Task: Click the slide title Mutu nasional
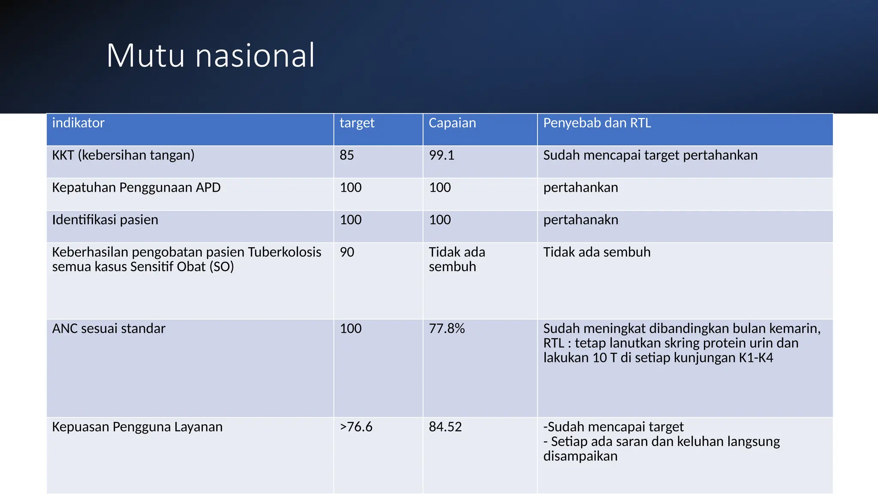point(210,55)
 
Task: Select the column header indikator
point(78,123)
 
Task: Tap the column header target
point(357,123)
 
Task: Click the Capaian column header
point(452,123)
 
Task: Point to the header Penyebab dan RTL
point(597,123)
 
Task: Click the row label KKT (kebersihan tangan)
point(123,155)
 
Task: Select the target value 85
point(346,155)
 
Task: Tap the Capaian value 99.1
point(442,155)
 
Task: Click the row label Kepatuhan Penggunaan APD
point(136,187)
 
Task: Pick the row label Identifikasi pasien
point(105,220)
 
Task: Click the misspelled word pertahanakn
point(580,220)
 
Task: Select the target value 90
point(347,252)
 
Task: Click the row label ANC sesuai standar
point(108,328)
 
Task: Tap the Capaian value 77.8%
point(447,328)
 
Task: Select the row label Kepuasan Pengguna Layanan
point(137,427)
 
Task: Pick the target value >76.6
point(356,427)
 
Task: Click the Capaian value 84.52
point(445,427)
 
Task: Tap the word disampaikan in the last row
point(580,456)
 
